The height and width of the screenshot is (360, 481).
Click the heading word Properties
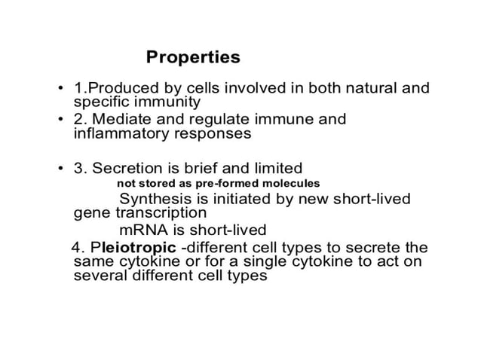pos(193,57)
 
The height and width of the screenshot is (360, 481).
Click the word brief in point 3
pos(198,167)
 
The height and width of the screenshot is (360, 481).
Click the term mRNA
pos(143,230)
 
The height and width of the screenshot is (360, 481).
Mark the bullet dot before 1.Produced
pos(60,89)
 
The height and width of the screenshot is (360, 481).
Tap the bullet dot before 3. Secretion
pos(60,168)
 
